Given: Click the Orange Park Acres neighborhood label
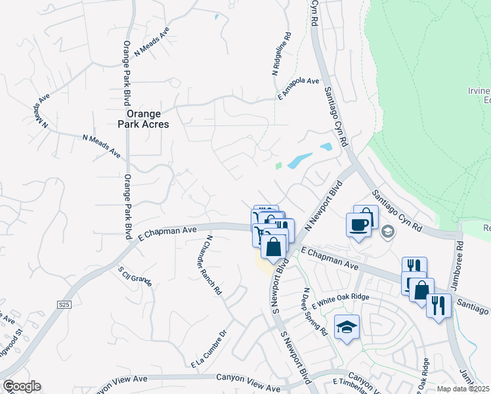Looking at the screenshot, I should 143,118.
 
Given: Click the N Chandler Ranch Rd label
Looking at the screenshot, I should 214,265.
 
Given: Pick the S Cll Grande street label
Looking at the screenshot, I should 135,276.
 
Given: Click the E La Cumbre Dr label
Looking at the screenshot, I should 209,349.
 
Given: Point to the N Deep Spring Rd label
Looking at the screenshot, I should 314,311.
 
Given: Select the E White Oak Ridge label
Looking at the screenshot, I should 340,300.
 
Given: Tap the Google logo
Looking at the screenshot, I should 22,386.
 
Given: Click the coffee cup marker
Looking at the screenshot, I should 358,225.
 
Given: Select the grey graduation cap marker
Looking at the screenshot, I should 388,231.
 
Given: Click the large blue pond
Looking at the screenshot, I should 301,160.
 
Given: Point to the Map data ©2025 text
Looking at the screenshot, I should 463,389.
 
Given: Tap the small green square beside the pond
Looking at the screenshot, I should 278,165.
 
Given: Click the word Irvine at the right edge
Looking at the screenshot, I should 479,91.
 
